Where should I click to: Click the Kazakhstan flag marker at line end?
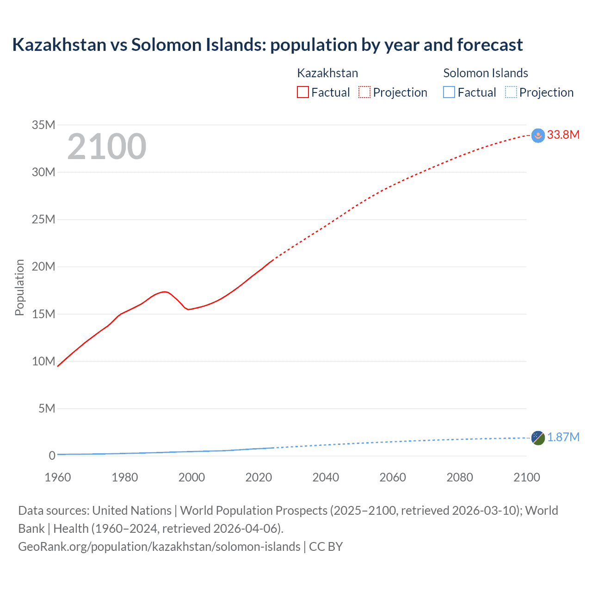pos(538,136)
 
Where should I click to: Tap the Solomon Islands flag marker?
pos(538,438)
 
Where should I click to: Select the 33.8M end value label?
pos(563,135)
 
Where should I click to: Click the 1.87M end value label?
pos(563,437)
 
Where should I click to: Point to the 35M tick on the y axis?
pos(43,125)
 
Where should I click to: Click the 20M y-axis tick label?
pos(43,267)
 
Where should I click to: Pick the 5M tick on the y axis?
pos(47,408)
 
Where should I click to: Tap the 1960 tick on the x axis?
pos(58,477)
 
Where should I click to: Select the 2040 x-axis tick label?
pos(326,477)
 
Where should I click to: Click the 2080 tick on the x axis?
pos(460,477)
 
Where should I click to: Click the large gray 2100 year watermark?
pos(107,147)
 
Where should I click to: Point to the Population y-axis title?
pos(19,287)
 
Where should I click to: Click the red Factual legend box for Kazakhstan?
pos(303,92)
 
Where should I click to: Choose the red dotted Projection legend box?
pos(364,92)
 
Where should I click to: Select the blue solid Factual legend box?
pos(449,92)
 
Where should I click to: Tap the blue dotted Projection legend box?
pos(511,92)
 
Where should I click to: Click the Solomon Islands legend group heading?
pos(486,73)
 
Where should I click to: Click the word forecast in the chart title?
pos(490,45)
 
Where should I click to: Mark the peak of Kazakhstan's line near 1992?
pos(164,291)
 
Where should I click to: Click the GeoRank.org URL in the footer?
pos(159,546)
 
